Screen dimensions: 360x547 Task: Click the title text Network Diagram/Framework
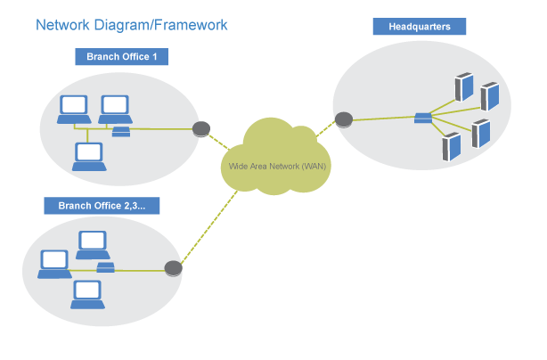coord(131,25)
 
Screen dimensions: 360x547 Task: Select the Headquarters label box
coord(419,27)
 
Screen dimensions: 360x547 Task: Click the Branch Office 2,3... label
coord(102,206)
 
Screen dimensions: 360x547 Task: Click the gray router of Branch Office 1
coord(201,128)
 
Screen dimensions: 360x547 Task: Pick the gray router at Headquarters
coord(343,118)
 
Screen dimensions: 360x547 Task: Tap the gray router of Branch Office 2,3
coord(174,267)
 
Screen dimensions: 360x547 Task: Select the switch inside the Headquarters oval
coord(423,117)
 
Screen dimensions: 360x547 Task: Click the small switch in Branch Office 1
coord(121,133)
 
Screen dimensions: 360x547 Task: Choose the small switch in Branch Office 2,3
coord(105,267)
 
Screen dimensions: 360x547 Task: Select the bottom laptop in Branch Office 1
coord(89,156)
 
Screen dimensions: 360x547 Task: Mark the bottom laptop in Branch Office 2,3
coord(86,291)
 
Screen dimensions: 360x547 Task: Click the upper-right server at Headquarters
coord(489,95)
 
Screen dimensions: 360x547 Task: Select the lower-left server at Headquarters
coord(452,145)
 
